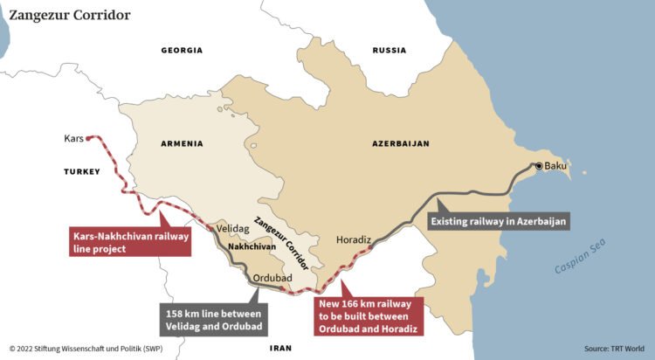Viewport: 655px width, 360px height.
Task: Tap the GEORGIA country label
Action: (182, 51)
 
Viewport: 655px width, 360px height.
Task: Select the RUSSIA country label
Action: (389, 51)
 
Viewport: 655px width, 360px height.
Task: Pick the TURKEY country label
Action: (82, 172)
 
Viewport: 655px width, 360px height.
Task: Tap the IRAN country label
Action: (280, 347)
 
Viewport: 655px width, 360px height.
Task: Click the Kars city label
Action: (73, 138)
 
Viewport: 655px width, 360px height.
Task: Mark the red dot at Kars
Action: (89, 138)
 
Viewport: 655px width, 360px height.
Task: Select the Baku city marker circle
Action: (539, 166)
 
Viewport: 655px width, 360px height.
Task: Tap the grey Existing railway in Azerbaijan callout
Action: (499, 222)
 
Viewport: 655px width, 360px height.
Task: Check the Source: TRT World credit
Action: (613, 348)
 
